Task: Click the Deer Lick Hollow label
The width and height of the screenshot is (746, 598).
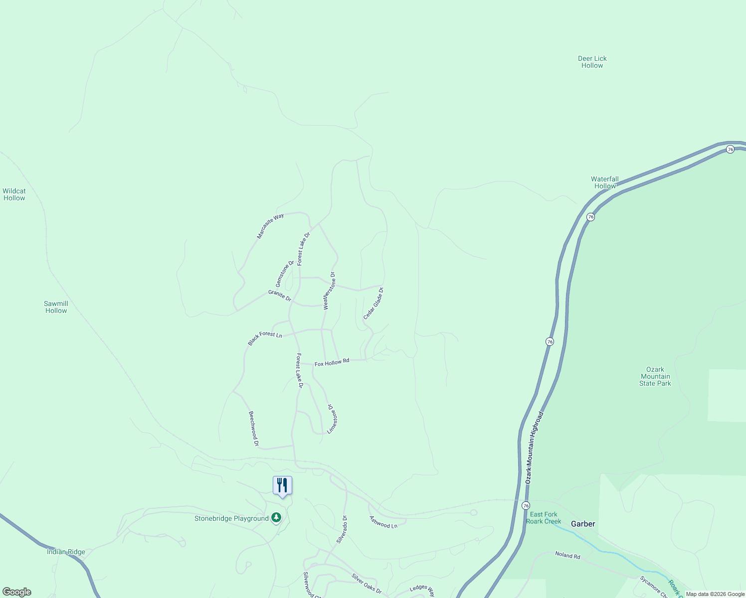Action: tap(592, 62)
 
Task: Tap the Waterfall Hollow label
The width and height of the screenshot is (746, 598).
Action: tap(605, 182)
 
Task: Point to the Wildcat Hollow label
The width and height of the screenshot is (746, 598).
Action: tap(14, 194)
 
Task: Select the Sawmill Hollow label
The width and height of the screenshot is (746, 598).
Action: tap(56, 307)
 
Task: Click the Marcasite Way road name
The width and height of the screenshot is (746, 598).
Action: tap(270, 226)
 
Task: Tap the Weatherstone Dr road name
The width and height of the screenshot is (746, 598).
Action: tap(329, 291)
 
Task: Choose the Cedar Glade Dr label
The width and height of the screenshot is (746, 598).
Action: tap(373, 303)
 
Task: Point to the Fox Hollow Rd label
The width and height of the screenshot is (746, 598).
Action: tap(332, 362)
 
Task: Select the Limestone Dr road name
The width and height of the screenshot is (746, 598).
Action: tap(333, 418)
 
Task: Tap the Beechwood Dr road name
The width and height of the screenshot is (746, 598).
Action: tap(254, 428)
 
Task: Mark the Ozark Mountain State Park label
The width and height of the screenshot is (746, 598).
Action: tap(655, 376)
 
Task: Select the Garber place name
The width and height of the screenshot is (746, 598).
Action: tap(583, 524)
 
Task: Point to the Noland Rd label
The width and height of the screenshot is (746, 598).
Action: tap(568, 555)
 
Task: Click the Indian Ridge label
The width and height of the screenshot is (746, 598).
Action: tap(66, 552)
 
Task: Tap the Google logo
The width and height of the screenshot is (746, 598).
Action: tap(17, 592)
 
